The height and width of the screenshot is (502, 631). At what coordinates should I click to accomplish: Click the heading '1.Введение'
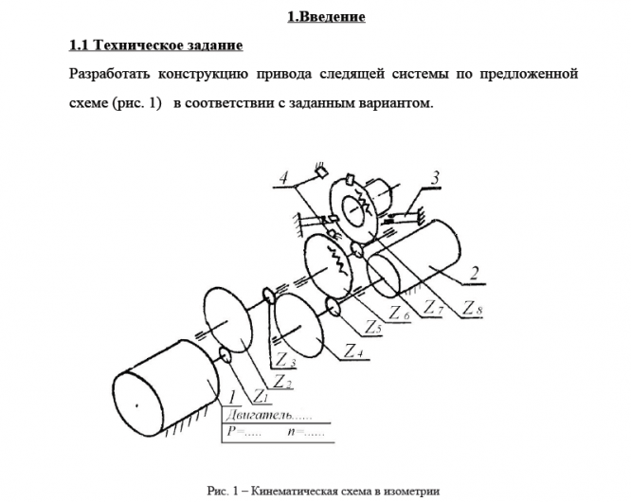point(326,17)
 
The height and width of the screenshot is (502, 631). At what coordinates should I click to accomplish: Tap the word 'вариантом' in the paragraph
point(395,102)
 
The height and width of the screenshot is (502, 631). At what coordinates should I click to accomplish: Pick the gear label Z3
point(285,363)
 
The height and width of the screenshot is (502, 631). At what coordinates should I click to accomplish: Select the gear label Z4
point(352,351)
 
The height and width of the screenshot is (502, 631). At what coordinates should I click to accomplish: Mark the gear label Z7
point(434,309)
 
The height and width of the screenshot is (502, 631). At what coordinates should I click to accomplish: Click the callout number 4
point(282,178)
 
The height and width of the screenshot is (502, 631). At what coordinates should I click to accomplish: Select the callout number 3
point(434,176)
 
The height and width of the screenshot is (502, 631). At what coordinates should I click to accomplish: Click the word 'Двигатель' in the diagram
point(257,414)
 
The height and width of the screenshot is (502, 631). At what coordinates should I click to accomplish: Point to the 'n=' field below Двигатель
point(303,432)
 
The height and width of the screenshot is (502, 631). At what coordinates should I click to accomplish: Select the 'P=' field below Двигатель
point(240,432)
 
